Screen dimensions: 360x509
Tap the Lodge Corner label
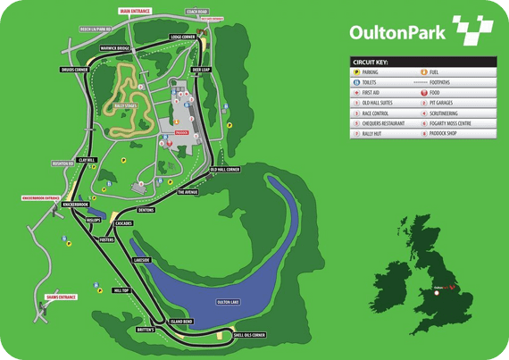[183, 38]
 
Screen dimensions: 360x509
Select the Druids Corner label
[74, 68]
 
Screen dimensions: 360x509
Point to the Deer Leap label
[201, 68]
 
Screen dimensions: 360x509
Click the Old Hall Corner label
[225, 169]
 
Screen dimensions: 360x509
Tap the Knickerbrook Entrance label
[40, 197]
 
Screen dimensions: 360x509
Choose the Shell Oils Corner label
[249, 335]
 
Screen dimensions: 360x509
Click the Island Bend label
[181, 321]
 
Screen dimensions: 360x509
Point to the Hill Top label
[121, 289]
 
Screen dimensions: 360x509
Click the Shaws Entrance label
[62, 297]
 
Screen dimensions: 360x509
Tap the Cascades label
[123, 223]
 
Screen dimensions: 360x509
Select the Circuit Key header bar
[421, 63]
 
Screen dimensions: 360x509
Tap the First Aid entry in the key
[376, 92]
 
